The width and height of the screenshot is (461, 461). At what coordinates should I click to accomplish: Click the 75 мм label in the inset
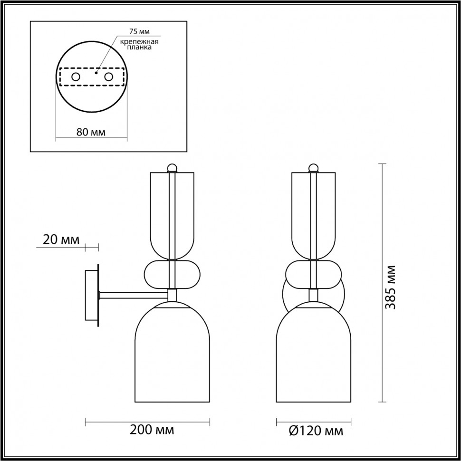[x=139, y=32]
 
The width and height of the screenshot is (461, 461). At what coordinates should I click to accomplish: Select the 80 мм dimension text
[x=91, y=132]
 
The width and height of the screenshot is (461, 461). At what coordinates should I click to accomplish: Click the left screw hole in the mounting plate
[x=76, y=77]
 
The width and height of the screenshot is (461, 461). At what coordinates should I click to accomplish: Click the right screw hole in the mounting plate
[x=109, y=77]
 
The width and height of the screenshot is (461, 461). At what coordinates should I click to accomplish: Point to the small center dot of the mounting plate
[x=96, y=73]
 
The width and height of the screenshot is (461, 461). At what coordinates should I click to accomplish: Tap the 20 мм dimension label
[x=61, y=239]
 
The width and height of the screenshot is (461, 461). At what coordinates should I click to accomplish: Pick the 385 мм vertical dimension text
[x=391, y=287]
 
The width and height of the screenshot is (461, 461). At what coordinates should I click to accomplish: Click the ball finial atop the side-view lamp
[x=173, y=167]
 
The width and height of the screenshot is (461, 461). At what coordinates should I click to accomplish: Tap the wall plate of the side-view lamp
[x=91, y=297]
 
